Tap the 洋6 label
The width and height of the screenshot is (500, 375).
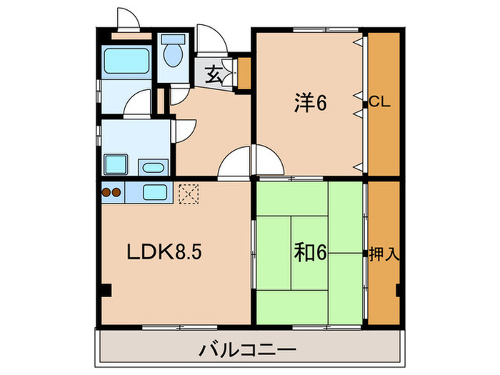[310, 104]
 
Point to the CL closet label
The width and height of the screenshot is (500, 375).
[379, 103]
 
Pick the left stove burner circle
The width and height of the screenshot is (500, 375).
[107, 191]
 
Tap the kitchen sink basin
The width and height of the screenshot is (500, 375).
[155, 191]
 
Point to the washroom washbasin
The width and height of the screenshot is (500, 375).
[153, 168]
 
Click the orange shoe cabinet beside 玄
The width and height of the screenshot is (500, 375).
[244, 72]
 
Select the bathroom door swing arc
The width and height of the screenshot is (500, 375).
[139, 105]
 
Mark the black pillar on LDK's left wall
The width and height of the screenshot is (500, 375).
[106, 291]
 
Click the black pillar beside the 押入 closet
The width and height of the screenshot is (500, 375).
[397, 291]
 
